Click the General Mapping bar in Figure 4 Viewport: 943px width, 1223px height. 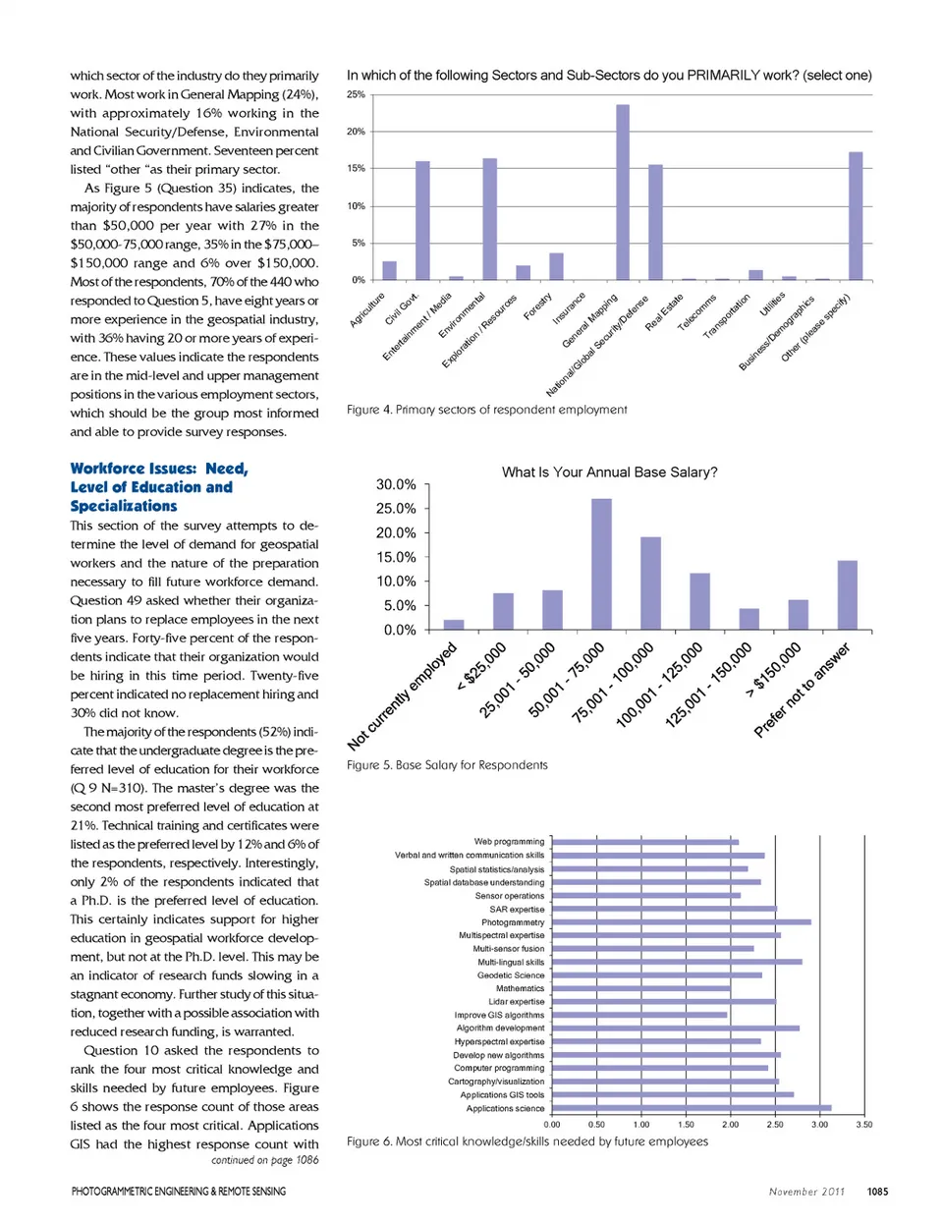[623, 193]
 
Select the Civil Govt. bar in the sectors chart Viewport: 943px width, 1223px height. [422, 221]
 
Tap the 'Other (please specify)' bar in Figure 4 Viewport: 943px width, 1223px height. [856, 216]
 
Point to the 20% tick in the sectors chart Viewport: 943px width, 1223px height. [356, 132]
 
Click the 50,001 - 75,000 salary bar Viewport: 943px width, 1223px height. [601, 564]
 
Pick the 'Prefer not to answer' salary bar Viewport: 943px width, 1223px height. [847, 595]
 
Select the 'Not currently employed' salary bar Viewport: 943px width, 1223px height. [454, 625]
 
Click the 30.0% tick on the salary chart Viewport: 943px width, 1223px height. [396, 484]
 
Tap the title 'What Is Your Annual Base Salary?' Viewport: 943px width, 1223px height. [609, 473]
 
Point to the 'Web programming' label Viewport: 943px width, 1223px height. [509, 842]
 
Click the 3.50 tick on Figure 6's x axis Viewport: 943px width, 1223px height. [863, 1125]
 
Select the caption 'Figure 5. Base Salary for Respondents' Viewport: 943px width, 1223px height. [447, 765]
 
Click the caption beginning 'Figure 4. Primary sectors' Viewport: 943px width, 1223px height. [486, 410]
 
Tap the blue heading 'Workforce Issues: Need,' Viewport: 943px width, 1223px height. [159, 469]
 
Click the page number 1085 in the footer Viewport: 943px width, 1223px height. [877, 1192]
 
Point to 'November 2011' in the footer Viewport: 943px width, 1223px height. [806, 1192]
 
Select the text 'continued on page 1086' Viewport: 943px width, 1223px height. [265, 1160]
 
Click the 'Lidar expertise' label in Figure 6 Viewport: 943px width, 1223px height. [516, 1002]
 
